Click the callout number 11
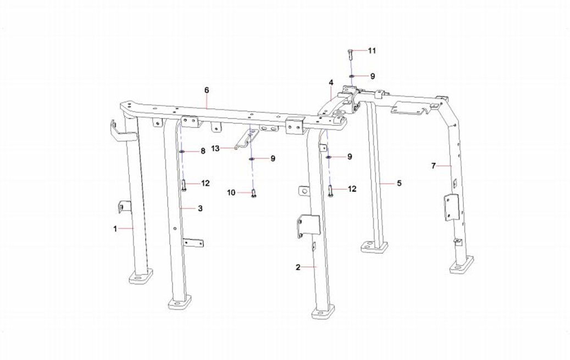(x=372, y=51)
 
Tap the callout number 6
(x=207, y=90)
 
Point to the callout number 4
(x=331, y=83)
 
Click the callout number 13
(x=215, y=149)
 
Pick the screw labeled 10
(x=253, y=194)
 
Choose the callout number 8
(x=203, y=151)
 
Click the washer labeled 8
(x=181, y=151)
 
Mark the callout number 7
(x=433, y=166)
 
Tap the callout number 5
(x=399, y=183)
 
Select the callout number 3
(x=200, y=208)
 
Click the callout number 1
(x=115, y=229)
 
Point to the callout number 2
(x=298, y=268)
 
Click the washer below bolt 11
(x=352, y=76)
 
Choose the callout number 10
(x=231, y=193)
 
